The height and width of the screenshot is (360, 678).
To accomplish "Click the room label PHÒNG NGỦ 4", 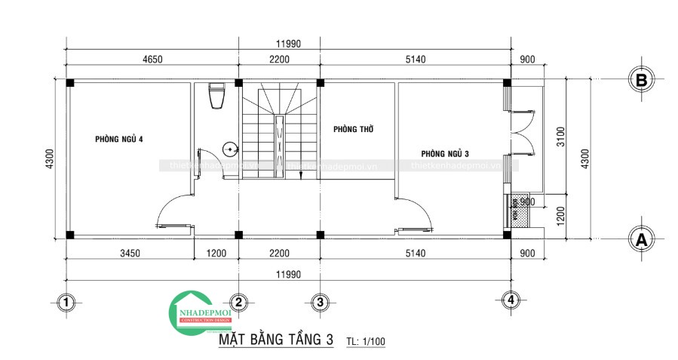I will pyautogui.click(x=118, y=139).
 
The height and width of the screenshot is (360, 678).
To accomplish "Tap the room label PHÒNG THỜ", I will pyautogui.click(x=354, y=129).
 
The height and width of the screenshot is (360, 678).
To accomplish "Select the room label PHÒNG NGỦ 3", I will pyautogui.click(x=446, y=154).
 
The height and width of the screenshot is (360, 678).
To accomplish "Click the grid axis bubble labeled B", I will pyautogui.click(x=641, y=81).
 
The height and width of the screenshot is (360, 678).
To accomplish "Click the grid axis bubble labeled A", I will pyautogui.click(x=641, y=239).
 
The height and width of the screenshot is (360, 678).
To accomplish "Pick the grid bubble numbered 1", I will pyautogui.click(x=66, y=303).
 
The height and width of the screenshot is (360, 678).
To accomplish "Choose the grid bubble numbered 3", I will pyautogui.click(x=320, y=303).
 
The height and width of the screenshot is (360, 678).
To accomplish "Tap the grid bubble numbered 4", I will pyautogui.click(x=511, y=300).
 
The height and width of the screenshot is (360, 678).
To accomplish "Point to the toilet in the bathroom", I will pyautogui.click(x=217, y=96).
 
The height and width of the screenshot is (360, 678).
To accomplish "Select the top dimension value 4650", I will pyautogui.click(x=152, y=59).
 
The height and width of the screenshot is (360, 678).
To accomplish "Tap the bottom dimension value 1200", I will pyautogui.click(x=216, y=253).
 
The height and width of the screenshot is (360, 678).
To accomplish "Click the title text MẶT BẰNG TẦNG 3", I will pyautogui.click(x=275, y=340).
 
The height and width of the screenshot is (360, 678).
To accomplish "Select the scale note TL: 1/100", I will pyautogui.click(x=366, y=341).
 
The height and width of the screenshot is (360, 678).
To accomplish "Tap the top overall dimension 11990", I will pyautogui.click(x=288, y=44).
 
